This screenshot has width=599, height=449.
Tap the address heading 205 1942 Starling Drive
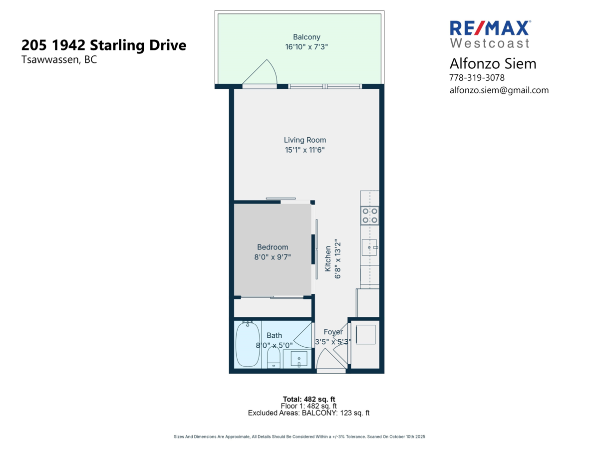click(104, 45)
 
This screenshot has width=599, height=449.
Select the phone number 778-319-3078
click(477, 78)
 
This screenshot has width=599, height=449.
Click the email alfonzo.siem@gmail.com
click(499, 90)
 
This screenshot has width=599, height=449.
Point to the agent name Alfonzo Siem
click(486, 63)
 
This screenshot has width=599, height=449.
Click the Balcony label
click(306, 37)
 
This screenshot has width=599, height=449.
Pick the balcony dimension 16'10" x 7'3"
click(306, 46)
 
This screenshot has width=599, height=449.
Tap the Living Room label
click(305, 140)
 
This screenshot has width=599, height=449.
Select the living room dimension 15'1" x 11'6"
click(305, 150)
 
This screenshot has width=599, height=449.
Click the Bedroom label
click(273, 247)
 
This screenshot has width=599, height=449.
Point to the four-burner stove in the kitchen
click(370, 216)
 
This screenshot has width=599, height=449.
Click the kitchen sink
click(370, 247)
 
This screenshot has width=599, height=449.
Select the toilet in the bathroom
click(274, 357)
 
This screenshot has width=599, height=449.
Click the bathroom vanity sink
click(299, 359)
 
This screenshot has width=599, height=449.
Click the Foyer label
click(333, 332)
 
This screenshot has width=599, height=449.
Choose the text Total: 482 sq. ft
click(309, 399)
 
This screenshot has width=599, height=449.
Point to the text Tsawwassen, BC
click(59, 59)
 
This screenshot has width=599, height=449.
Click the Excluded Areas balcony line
click(309, 413)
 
